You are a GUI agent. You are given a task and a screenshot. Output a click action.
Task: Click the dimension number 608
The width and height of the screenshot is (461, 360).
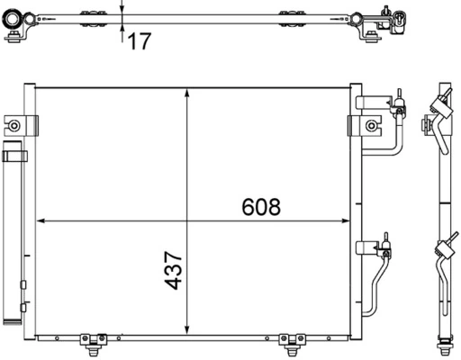[262, 207]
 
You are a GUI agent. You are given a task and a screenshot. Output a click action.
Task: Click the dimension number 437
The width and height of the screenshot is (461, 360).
[175, 270]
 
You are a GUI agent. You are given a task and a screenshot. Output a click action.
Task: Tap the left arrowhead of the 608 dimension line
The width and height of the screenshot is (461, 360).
[40, 221]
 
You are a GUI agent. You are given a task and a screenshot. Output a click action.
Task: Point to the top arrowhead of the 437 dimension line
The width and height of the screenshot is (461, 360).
[186, 91]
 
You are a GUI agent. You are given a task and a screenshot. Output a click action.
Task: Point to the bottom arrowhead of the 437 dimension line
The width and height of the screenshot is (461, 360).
[186, 330]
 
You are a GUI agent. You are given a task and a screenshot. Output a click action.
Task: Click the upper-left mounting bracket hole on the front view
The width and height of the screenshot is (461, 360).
[14, 124]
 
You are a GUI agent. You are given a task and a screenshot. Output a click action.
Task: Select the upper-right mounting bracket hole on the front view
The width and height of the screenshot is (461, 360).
[370, 124]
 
